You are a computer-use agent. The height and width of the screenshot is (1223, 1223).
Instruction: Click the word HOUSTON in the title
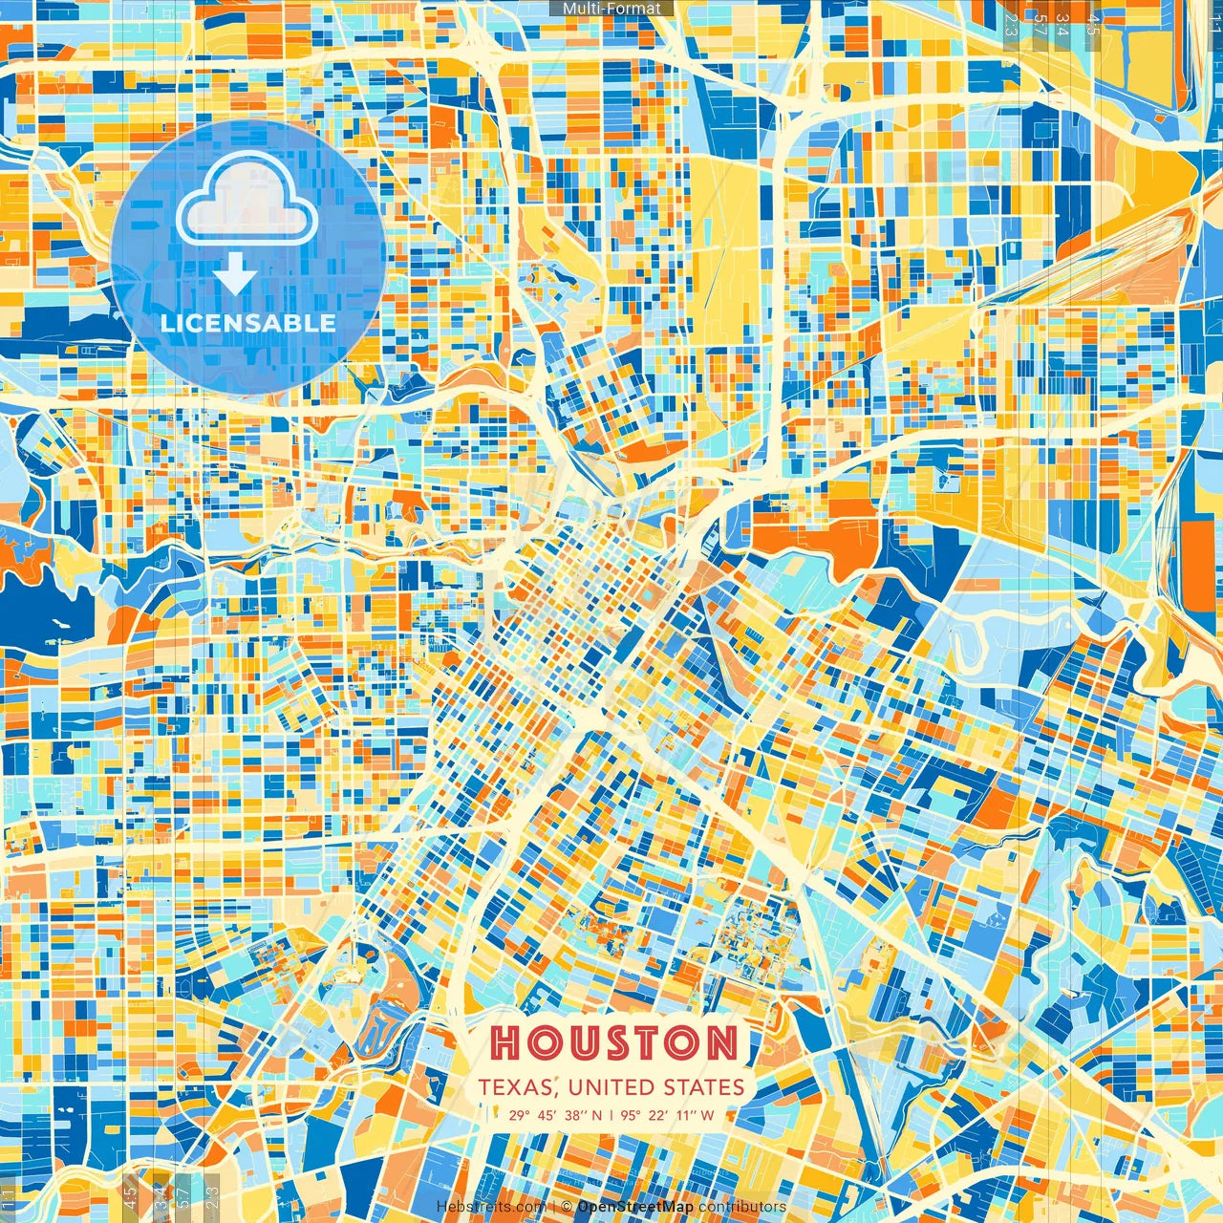click(x=615, y=1042)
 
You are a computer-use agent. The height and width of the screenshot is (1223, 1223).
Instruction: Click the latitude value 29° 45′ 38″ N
click(x=555, y=1114)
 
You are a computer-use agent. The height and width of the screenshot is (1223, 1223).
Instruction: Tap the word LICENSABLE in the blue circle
click(x=248, y=323)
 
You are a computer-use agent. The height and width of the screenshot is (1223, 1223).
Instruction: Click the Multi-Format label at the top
click(x=611, y=9)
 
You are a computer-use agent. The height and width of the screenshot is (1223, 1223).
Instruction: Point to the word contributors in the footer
click(x=742, y=1207)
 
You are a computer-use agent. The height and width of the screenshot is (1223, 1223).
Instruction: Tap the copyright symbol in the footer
click(x=567, y=1207)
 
